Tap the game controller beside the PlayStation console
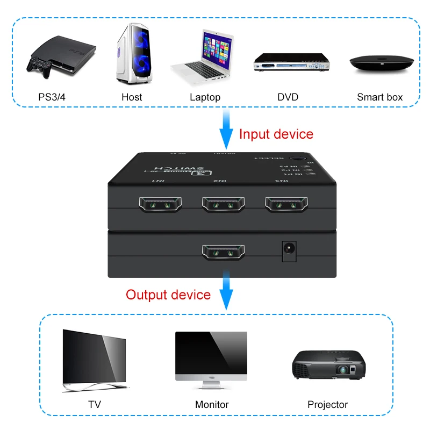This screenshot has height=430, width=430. pyautogui.click(x=39, y=68)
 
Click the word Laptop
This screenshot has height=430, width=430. pyautogui.click(x=205, y=97)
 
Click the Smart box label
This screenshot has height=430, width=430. pyautogui.click(x=379, y=97)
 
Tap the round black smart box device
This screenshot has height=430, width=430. pyautogui.click(x=382, y=63)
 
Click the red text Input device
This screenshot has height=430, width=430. pyautogui.click(x=276, y=134)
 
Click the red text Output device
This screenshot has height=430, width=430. pyautogui.click(x=168, y=295)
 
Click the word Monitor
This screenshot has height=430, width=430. pyautogui.click(x=212, y=404)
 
